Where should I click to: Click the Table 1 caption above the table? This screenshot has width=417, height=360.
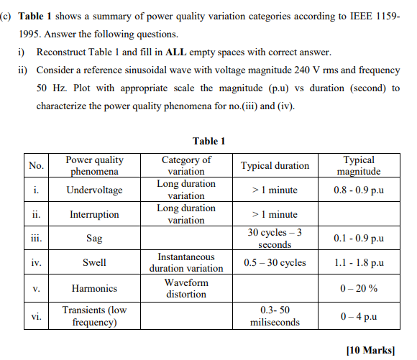pos(209,141)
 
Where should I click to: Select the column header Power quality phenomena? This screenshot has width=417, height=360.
pos(94,165)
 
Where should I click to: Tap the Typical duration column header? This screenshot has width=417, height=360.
pos(275,165)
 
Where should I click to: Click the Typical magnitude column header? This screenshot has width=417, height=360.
pos(359,165)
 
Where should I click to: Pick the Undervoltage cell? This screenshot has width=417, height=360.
pos(94,190)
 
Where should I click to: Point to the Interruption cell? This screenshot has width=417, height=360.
pos(94,214)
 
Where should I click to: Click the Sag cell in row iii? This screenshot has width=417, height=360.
pos(94,239)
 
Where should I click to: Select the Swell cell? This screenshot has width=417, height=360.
pos(94,263)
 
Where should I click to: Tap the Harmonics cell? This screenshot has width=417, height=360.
pos(94,288)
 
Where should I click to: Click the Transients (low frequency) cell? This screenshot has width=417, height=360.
pos(94,316)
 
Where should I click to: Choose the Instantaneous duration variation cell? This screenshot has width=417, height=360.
pos(186,263)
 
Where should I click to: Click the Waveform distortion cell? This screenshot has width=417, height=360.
pos(186,288)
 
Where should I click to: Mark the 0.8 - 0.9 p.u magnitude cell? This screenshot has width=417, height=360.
pos(359,190)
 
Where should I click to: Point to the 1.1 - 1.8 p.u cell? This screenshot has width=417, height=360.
pos(359,263)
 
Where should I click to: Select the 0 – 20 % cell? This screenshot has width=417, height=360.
pos(359,288)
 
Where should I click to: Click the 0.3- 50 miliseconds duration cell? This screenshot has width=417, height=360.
pos(275,316)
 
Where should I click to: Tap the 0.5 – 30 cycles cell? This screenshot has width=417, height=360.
pos(275,263)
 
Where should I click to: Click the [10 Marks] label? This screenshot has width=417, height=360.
pos(370,350)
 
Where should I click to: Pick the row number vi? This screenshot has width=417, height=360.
pos(36,316)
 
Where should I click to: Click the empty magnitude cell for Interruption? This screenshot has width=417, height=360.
pos(359,214)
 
